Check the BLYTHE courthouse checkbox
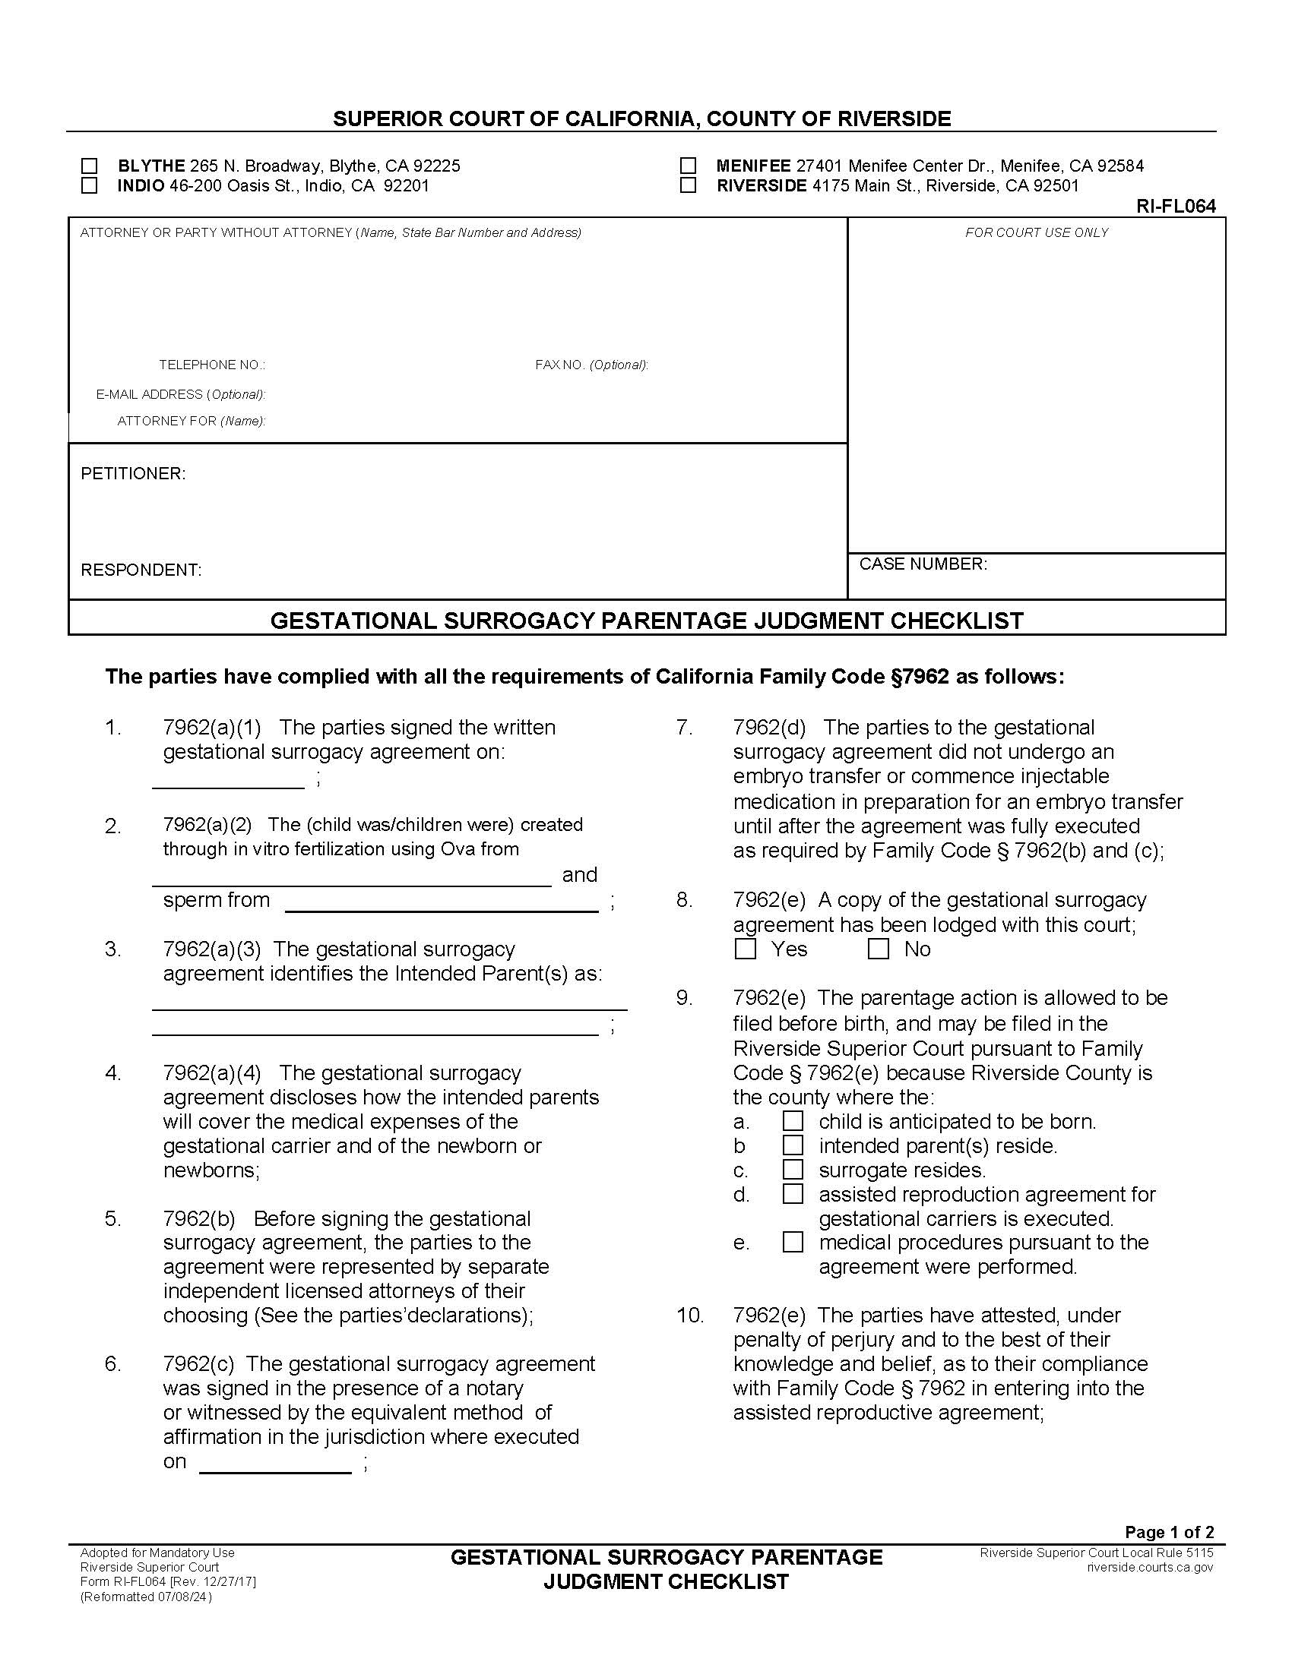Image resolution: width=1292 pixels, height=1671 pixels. (90, 166)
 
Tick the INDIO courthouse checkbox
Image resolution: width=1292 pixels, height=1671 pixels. (90, 186)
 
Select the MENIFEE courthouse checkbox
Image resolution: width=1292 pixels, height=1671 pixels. (688, 166)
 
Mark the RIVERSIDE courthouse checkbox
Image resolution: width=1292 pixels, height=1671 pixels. (688, 186)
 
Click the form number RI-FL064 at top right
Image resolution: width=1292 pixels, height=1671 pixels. (1176, 207)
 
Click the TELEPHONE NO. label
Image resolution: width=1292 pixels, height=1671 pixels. (212, 365)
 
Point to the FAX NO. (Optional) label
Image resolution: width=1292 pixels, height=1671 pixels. (591, 365)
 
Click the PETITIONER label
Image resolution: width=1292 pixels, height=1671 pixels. (133, 474)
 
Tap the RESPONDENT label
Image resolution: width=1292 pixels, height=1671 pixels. (141, 570)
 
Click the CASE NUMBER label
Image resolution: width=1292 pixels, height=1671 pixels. (923, 564)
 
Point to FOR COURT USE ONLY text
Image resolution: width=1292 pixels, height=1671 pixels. (1037, 232)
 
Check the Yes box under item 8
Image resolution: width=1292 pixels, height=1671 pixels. (745, 949)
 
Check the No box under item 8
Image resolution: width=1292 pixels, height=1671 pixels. (878, 949)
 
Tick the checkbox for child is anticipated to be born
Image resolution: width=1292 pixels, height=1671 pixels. (793, 1122)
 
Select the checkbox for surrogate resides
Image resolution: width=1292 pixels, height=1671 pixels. (793, 1170)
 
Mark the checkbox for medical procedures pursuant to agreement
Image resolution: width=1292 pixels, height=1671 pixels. (793, 1242)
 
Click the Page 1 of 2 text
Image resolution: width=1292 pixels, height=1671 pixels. (1169, 1532)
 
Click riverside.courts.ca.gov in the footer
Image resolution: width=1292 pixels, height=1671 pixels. (1150, 1567)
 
